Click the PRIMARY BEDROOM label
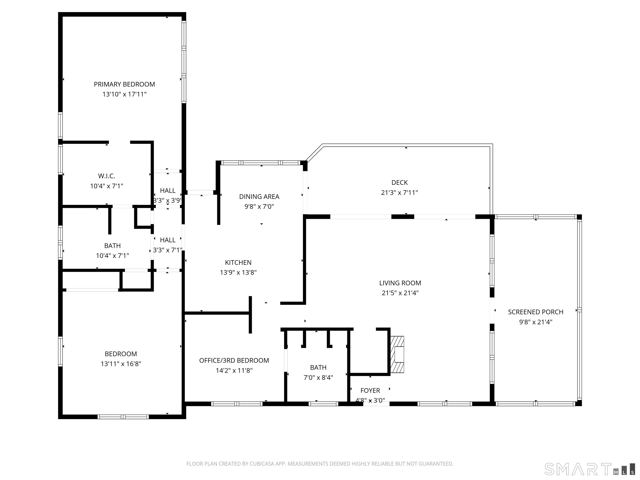pos(124,84)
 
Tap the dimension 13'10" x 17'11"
pos(124,94)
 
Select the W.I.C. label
pos(106,176)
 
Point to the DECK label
pos(400,182)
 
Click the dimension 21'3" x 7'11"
pos(400,193)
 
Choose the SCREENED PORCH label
pos(536,312)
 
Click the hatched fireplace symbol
pos(397,354)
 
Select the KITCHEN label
pos(238,262)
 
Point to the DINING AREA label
pos(259,197)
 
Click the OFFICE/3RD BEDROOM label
pos(234,360)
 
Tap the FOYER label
pos(370,391)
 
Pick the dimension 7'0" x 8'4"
pos(318,377)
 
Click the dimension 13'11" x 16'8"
pos(121,364)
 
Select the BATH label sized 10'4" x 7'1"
pos(112,246)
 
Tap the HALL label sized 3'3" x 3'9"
pos(168,191)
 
